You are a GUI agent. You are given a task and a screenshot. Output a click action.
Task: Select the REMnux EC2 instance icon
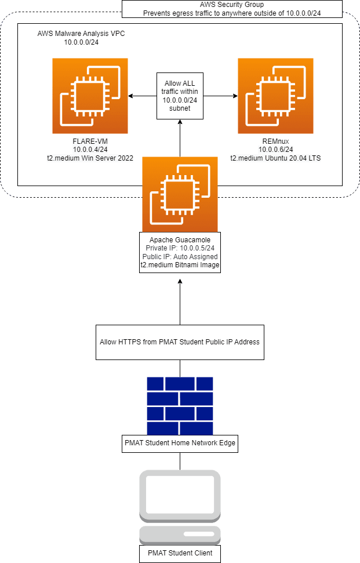coord(275,96)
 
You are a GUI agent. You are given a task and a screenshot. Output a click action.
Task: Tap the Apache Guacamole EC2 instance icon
coord(180,194)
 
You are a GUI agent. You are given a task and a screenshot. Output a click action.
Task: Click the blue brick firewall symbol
coord(180,406)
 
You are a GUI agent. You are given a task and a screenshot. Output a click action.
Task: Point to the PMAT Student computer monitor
coord(180,495)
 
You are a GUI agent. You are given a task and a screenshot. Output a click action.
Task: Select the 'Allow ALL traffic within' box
coord(180,96)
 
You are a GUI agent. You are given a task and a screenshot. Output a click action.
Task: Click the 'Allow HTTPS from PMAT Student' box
coord(180,342)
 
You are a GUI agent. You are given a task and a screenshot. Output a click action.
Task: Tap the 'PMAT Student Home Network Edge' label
coord(180,444)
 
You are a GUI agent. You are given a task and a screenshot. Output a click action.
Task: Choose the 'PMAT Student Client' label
coord(180,553)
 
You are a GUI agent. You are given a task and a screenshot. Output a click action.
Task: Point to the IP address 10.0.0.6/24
coord(275,150)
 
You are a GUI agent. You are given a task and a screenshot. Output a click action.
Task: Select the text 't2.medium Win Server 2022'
coord(90,158)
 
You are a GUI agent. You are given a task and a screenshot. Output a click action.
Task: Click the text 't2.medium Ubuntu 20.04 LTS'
coord(275,158)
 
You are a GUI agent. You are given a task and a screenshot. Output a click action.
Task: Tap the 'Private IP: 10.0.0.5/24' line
coord(180,248)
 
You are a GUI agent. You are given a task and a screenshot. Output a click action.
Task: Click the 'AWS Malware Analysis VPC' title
coord(81,34)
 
